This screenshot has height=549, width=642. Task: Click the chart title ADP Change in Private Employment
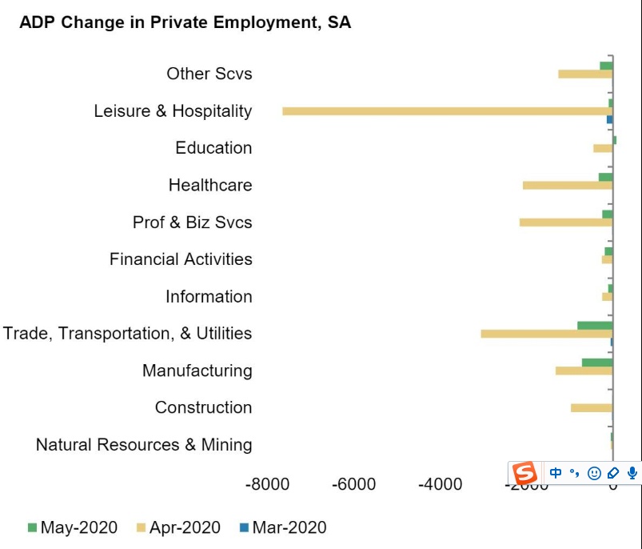(185, 22)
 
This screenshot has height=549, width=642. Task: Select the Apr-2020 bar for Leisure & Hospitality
(447, 110)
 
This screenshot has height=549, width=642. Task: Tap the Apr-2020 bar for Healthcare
(568, 185)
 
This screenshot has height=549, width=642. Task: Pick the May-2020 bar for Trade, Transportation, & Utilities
(595, 325)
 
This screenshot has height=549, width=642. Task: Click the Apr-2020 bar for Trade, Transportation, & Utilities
(546, 334)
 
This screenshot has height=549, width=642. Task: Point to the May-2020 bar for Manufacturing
(597, 363)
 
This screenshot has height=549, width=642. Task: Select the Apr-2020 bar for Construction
(592, 407)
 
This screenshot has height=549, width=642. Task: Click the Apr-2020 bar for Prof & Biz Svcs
(566, 222)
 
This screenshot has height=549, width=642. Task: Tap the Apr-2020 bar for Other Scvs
(585, 74)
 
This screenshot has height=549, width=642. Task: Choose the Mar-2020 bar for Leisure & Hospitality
(609, 119)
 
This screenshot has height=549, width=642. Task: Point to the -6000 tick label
(353, 484)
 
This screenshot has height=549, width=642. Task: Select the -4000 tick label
(440, 484)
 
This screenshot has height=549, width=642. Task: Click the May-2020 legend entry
(73, 527)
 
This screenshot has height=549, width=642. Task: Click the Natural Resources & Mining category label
(144, 445)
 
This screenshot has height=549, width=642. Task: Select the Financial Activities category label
(181, 259)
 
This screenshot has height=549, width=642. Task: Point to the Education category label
(213, 148)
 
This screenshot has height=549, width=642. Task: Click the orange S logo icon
(525, 473)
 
